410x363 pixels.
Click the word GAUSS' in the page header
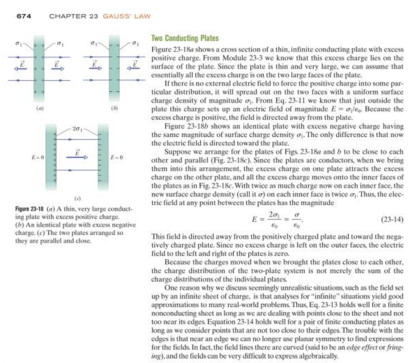pos(113,16)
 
